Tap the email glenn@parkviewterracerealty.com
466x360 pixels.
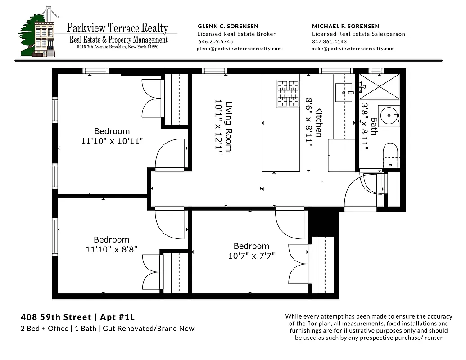click(x=240, y=49)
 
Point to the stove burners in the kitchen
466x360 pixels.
click(x=288, y=94)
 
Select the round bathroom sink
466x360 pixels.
click(x=388, y=116)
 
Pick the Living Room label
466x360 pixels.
click(x=229, y=126)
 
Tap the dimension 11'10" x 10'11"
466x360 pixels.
click(x=112, y=141)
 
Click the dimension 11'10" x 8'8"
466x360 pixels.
click(x=112, y=249)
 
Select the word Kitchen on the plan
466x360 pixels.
click(x=319, y=122)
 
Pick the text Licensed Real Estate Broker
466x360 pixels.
click(x=236, y=34)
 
